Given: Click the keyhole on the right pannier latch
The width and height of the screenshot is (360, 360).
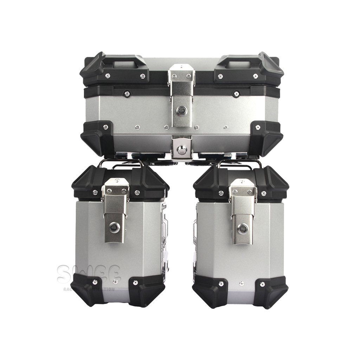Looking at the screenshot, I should [242, 229].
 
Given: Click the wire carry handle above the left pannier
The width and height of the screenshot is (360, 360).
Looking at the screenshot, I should [120, 163].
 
